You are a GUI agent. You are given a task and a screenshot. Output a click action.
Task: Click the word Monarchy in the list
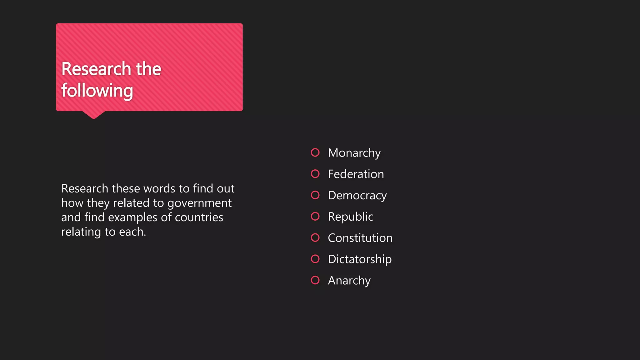click(x=354, y=153)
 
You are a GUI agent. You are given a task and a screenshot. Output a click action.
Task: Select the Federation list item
click(x=356, y=174)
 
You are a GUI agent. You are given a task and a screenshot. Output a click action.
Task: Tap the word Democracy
click(x=357, y=195)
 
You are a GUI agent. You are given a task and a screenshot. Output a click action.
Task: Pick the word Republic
click(x=350, y=217)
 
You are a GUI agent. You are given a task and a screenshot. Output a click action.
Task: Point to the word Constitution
click(x=360, y=238)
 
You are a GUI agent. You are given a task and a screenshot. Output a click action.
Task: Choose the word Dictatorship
click(x=359, y=259)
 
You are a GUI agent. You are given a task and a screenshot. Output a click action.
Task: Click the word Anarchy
click(x=349, y=280)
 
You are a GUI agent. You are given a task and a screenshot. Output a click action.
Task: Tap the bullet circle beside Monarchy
click(x=315, y=152)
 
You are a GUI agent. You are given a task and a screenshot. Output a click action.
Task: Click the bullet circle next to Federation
click(x=315, y=174)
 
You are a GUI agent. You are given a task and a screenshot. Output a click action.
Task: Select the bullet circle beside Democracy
click(x=315, y=195)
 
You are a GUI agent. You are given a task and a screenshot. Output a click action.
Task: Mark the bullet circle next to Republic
click(x=315, y=216)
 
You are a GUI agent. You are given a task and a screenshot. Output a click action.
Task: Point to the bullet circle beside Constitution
click(x=315, y=237)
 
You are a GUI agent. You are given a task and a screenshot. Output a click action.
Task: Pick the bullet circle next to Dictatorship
click(x=315, y=259)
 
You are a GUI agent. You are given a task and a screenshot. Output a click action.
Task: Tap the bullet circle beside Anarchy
click(x=315, y=280)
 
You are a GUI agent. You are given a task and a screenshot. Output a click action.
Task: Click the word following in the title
click(x=97, y=91)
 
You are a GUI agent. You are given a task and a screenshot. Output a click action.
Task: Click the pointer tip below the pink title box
click(x=93, y=117)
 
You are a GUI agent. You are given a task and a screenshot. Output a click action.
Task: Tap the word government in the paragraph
click(x=199, y=203)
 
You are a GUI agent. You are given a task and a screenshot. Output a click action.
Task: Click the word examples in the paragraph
click(x=132, y=217)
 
